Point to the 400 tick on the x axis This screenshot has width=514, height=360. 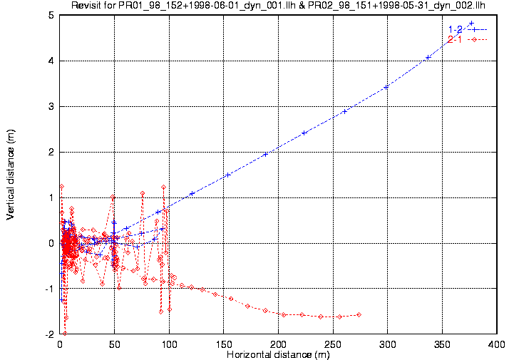tap(497, 344)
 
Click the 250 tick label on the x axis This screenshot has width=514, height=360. tap(333, 344)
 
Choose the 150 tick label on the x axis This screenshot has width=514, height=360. tap(224, 344)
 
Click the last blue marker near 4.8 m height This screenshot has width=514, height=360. tap(471, 23)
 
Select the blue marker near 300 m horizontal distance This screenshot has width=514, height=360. tap(386, 87)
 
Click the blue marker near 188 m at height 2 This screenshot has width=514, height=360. tap(265, 154)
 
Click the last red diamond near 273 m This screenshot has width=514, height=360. tap(359, 314)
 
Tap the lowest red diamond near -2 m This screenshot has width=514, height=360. tap(64, 333)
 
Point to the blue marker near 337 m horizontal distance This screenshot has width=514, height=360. tap(428, 57)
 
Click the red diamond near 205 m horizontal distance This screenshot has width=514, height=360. tap(284, 314)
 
